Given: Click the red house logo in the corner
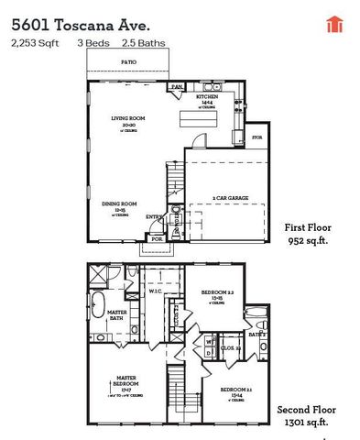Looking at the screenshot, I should pos(333,24).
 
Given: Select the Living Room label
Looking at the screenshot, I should pos(129,119).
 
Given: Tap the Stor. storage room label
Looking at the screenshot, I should pos(257,138).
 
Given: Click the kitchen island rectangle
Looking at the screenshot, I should pos(202,117).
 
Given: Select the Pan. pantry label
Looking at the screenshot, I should pos(177,87).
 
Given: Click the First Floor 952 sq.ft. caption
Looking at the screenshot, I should pos(308,234).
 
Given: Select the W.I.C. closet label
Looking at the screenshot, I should pos(155,293).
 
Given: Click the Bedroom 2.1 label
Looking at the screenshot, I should pos(232,391).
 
